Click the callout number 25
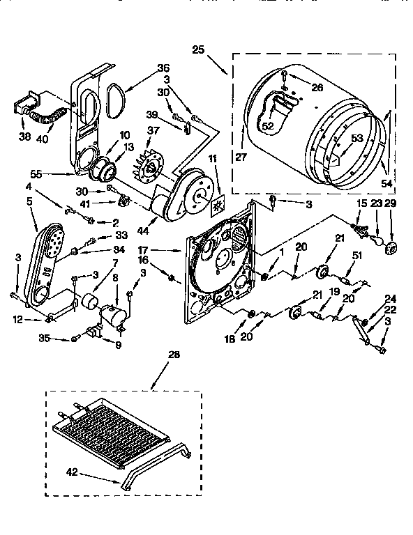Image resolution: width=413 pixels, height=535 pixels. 198,49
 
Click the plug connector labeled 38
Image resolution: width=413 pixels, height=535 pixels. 24,110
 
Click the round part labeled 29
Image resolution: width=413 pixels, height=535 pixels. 391,247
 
